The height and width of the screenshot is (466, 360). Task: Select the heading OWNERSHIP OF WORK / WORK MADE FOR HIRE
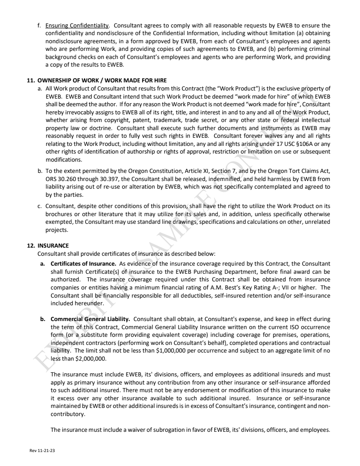coord(98,81)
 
